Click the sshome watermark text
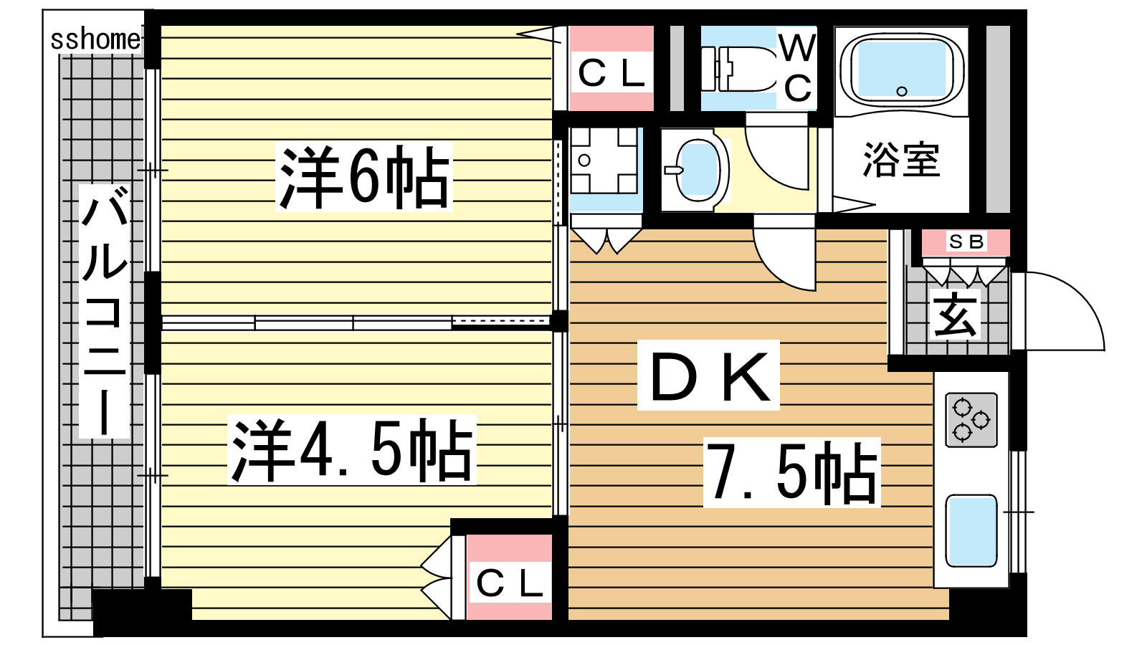(95, 39)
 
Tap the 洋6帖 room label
(364, 178)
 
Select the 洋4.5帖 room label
(352, 451)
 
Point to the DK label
(709, 376)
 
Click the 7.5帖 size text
(792, 473)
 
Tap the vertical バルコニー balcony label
(105, 311)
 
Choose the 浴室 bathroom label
(901, 160)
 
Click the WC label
(798, 68)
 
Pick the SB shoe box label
(966, 242)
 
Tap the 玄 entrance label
(955, 315)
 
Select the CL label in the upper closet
(611, 74)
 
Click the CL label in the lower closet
(509, 583)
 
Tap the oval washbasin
(698, 170)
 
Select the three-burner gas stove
(971, 420)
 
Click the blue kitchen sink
(971, 531)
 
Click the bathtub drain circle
(902, 92)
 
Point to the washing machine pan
(604, 161)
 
